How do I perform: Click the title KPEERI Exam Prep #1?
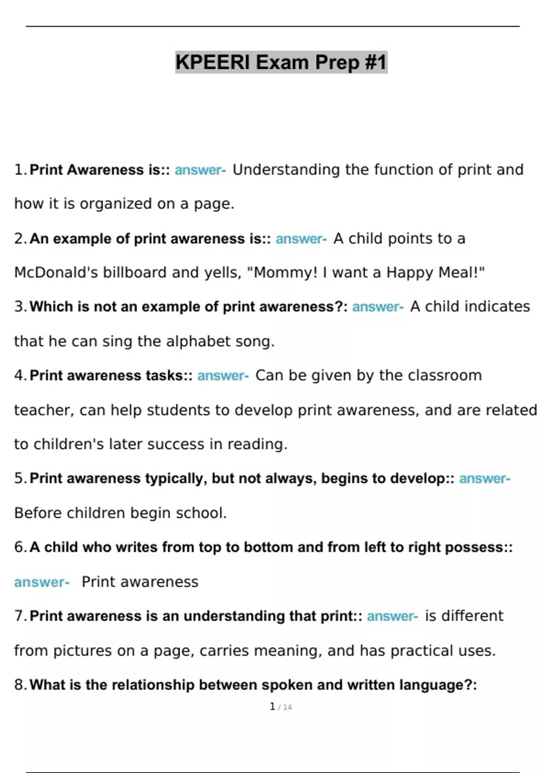281,62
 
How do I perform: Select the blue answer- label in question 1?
200,170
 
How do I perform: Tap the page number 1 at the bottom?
273,706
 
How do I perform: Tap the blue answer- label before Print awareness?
41,582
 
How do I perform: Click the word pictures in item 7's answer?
82,651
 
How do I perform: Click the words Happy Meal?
435,272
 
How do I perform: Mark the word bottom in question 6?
268,547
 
